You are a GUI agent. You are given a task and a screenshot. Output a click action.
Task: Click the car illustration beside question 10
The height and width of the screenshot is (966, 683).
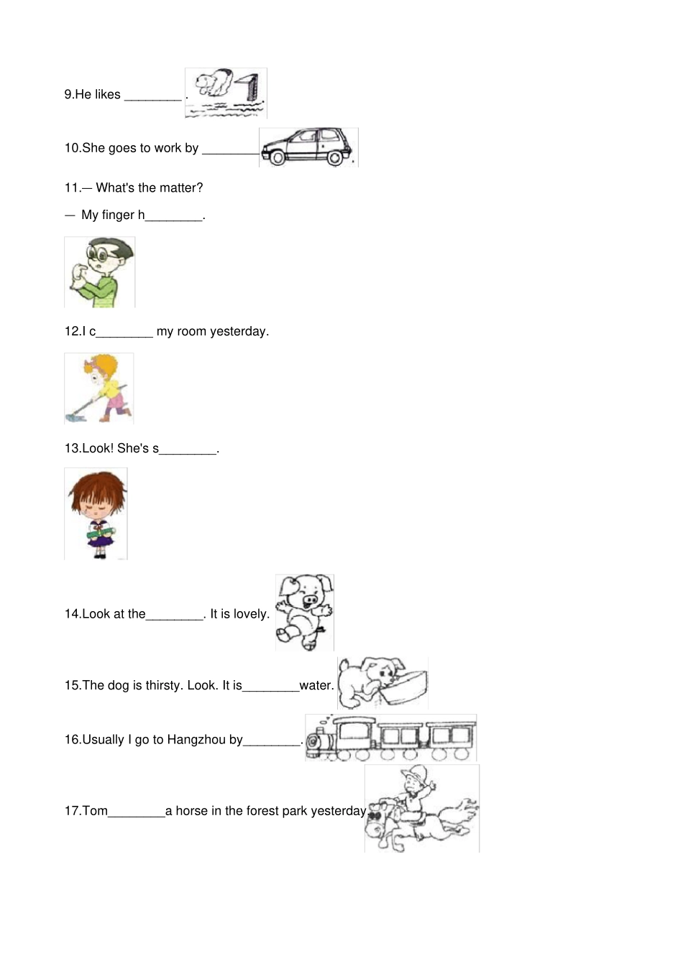308,147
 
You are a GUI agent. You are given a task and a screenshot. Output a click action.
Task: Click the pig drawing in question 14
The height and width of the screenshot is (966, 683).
304,612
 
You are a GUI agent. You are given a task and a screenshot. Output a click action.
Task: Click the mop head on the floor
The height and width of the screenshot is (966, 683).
75,417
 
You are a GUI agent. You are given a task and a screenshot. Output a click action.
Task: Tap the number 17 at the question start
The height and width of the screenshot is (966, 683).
71,811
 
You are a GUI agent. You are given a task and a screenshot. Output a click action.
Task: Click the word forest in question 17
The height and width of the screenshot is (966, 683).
262,811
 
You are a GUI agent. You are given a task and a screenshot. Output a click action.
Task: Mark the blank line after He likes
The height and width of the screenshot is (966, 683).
153,100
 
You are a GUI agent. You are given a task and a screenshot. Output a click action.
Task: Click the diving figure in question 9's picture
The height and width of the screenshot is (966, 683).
214,81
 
